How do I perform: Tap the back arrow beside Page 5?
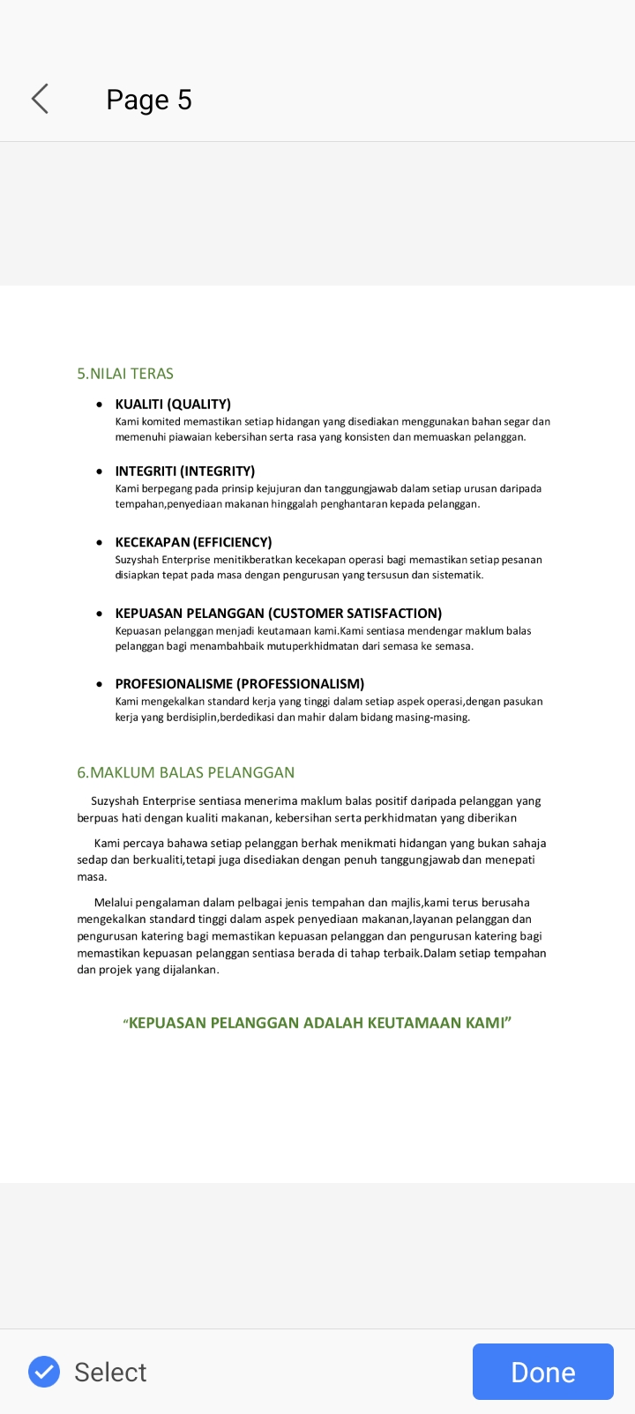point(40,99)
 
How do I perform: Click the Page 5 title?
point(149,100)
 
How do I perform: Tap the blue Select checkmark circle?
point(44,1372)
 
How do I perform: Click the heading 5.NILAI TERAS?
point(125,374)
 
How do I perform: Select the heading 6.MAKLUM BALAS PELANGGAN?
point(185,772)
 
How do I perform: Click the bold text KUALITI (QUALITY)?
point(173,404)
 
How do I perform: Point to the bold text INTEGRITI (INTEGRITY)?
point(184,471)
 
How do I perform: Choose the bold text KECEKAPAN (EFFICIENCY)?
point(193,541)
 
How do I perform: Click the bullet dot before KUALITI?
point(100,405)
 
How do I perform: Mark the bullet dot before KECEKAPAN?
point(100,542)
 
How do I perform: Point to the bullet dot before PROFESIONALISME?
point(100,684)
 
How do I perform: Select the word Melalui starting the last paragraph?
point(113,902)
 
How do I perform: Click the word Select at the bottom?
point(110,1372)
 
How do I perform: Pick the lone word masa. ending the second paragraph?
point(92,876)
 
